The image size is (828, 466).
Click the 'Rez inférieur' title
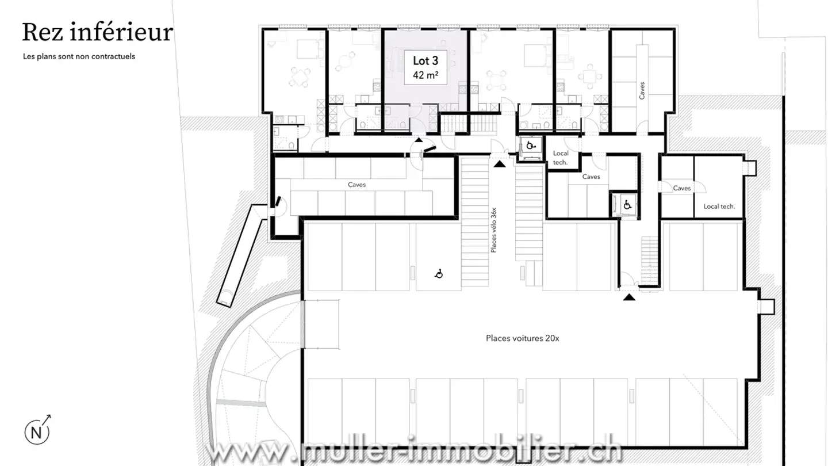point(97,32)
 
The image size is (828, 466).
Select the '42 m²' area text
point(426,75)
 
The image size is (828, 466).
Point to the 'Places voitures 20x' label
point(522,338)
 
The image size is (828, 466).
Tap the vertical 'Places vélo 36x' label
point(493,230)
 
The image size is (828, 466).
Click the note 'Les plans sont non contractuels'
point(79,56)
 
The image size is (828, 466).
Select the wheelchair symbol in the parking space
point(439,274)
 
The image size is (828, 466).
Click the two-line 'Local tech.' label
point(560,158)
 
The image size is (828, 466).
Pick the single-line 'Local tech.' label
point(719,206)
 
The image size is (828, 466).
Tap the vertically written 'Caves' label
point(642,90)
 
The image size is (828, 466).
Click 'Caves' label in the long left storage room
point(356,185)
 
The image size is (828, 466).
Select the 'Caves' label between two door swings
point(681,188)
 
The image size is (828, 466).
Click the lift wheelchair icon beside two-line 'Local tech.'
point(530,145)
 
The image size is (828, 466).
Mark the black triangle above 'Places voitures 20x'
point(630,297)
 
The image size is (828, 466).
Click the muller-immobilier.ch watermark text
point(414,452)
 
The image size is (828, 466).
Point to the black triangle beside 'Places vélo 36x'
point(500,164)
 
